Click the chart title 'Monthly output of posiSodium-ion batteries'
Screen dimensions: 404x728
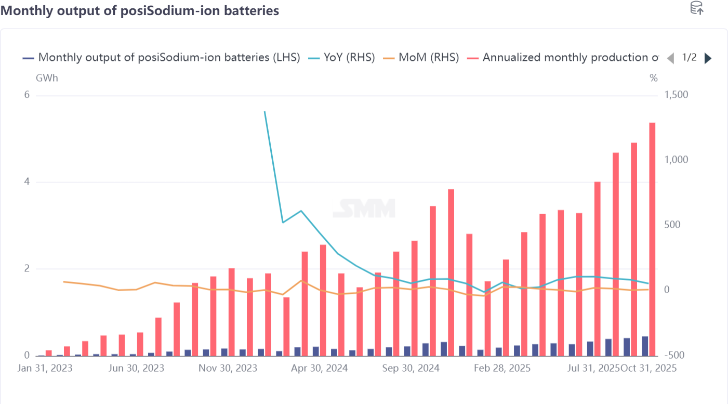coord(140,10)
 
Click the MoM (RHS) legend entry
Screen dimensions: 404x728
coord(421,58)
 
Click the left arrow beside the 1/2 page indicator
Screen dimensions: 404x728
coord(670,58)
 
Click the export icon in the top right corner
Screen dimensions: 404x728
coord(696,8)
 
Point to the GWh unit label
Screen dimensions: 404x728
coord(47,79)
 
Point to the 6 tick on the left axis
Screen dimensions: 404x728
coord(27,95)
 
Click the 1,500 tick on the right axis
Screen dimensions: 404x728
coord(676,95)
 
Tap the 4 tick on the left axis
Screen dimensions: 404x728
coord(27,182)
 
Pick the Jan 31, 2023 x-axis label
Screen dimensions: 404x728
coord(45,368)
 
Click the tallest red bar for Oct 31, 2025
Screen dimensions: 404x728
coord(652,239)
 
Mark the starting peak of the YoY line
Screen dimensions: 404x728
coord(264,112)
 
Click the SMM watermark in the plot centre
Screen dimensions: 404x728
coord(364,208)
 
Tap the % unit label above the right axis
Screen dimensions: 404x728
coord(654,79)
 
